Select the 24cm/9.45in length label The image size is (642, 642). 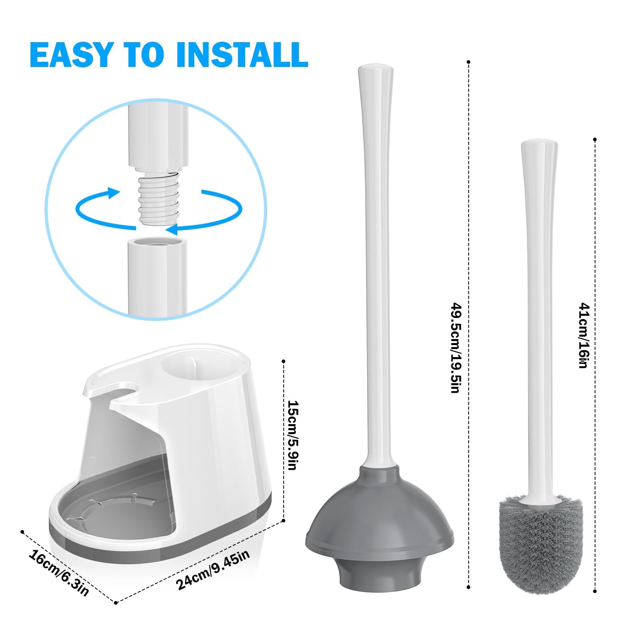click(x=213, y=569)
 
